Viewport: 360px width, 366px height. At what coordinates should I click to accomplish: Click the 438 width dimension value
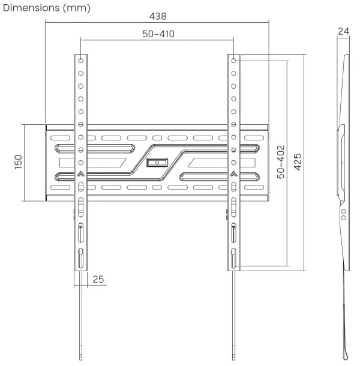(x=158, y=16)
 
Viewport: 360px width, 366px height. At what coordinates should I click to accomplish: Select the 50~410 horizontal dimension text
(x=158, y=34)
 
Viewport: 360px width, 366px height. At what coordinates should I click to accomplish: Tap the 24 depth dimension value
(x=343, y=31)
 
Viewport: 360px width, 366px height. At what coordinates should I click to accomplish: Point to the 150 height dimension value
(x=18, y=162)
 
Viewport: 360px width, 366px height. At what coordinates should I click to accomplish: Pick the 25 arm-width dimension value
(x=98, y=279)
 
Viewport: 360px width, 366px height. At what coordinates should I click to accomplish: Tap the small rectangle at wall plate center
(x=158, y=162)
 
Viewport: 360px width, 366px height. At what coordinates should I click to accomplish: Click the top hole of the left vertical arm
(x=80, y=61)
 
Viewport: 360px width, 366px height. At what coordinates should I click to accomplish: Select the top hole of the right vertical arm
(x=233, y=61)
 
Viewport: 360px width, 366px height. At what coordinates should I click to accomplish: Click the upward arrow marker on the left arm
(x=80, y=176)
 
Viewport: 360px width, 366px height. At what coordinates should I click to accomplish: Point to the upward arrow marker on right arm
(x=233, y=176)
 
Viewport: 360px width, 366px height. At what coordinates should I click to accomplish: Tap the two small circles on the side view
(x=343, y=214)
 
